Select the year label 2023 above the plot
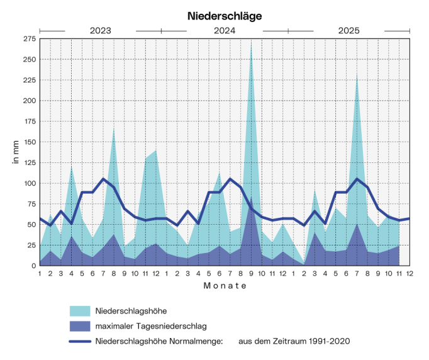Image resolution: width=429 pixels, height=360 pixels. tap(100, 30)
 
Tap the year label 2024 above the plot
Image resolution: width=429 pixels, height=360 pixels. tap(225, 30)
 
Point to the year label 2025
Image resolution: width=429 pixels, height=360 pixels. tap(349, 30)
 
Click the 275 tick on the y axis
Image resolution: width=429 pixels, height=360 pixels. tap(28, 39)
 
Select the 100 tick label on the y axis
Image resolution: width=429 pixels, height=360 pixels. tap(28, 183)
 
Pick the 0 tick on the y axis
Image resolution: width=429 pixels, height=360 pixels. tap(33, 266)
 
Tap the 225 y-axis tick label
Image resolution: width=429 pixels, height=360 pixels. tap(28, 80)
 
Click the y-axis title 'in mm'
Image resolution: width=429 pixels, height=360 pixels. tap(15, 152)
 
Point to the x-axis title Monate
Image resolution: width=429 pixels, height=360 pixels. tap(225, 286)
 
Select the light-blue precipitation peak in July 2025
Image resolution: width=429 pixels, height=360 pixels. tap(357, 77)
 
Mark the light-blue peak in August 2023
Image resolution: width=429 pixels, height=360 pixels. tap(114, 129)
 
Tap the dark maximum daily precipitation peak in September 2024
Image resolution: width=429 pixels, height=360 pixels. tap(252, 200)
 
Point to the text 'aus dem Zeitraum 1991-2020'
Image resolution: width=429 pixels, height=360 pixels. tap(294, 341)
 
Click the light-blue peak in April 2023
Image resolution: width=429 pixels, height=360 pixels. tap(72, 166)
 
